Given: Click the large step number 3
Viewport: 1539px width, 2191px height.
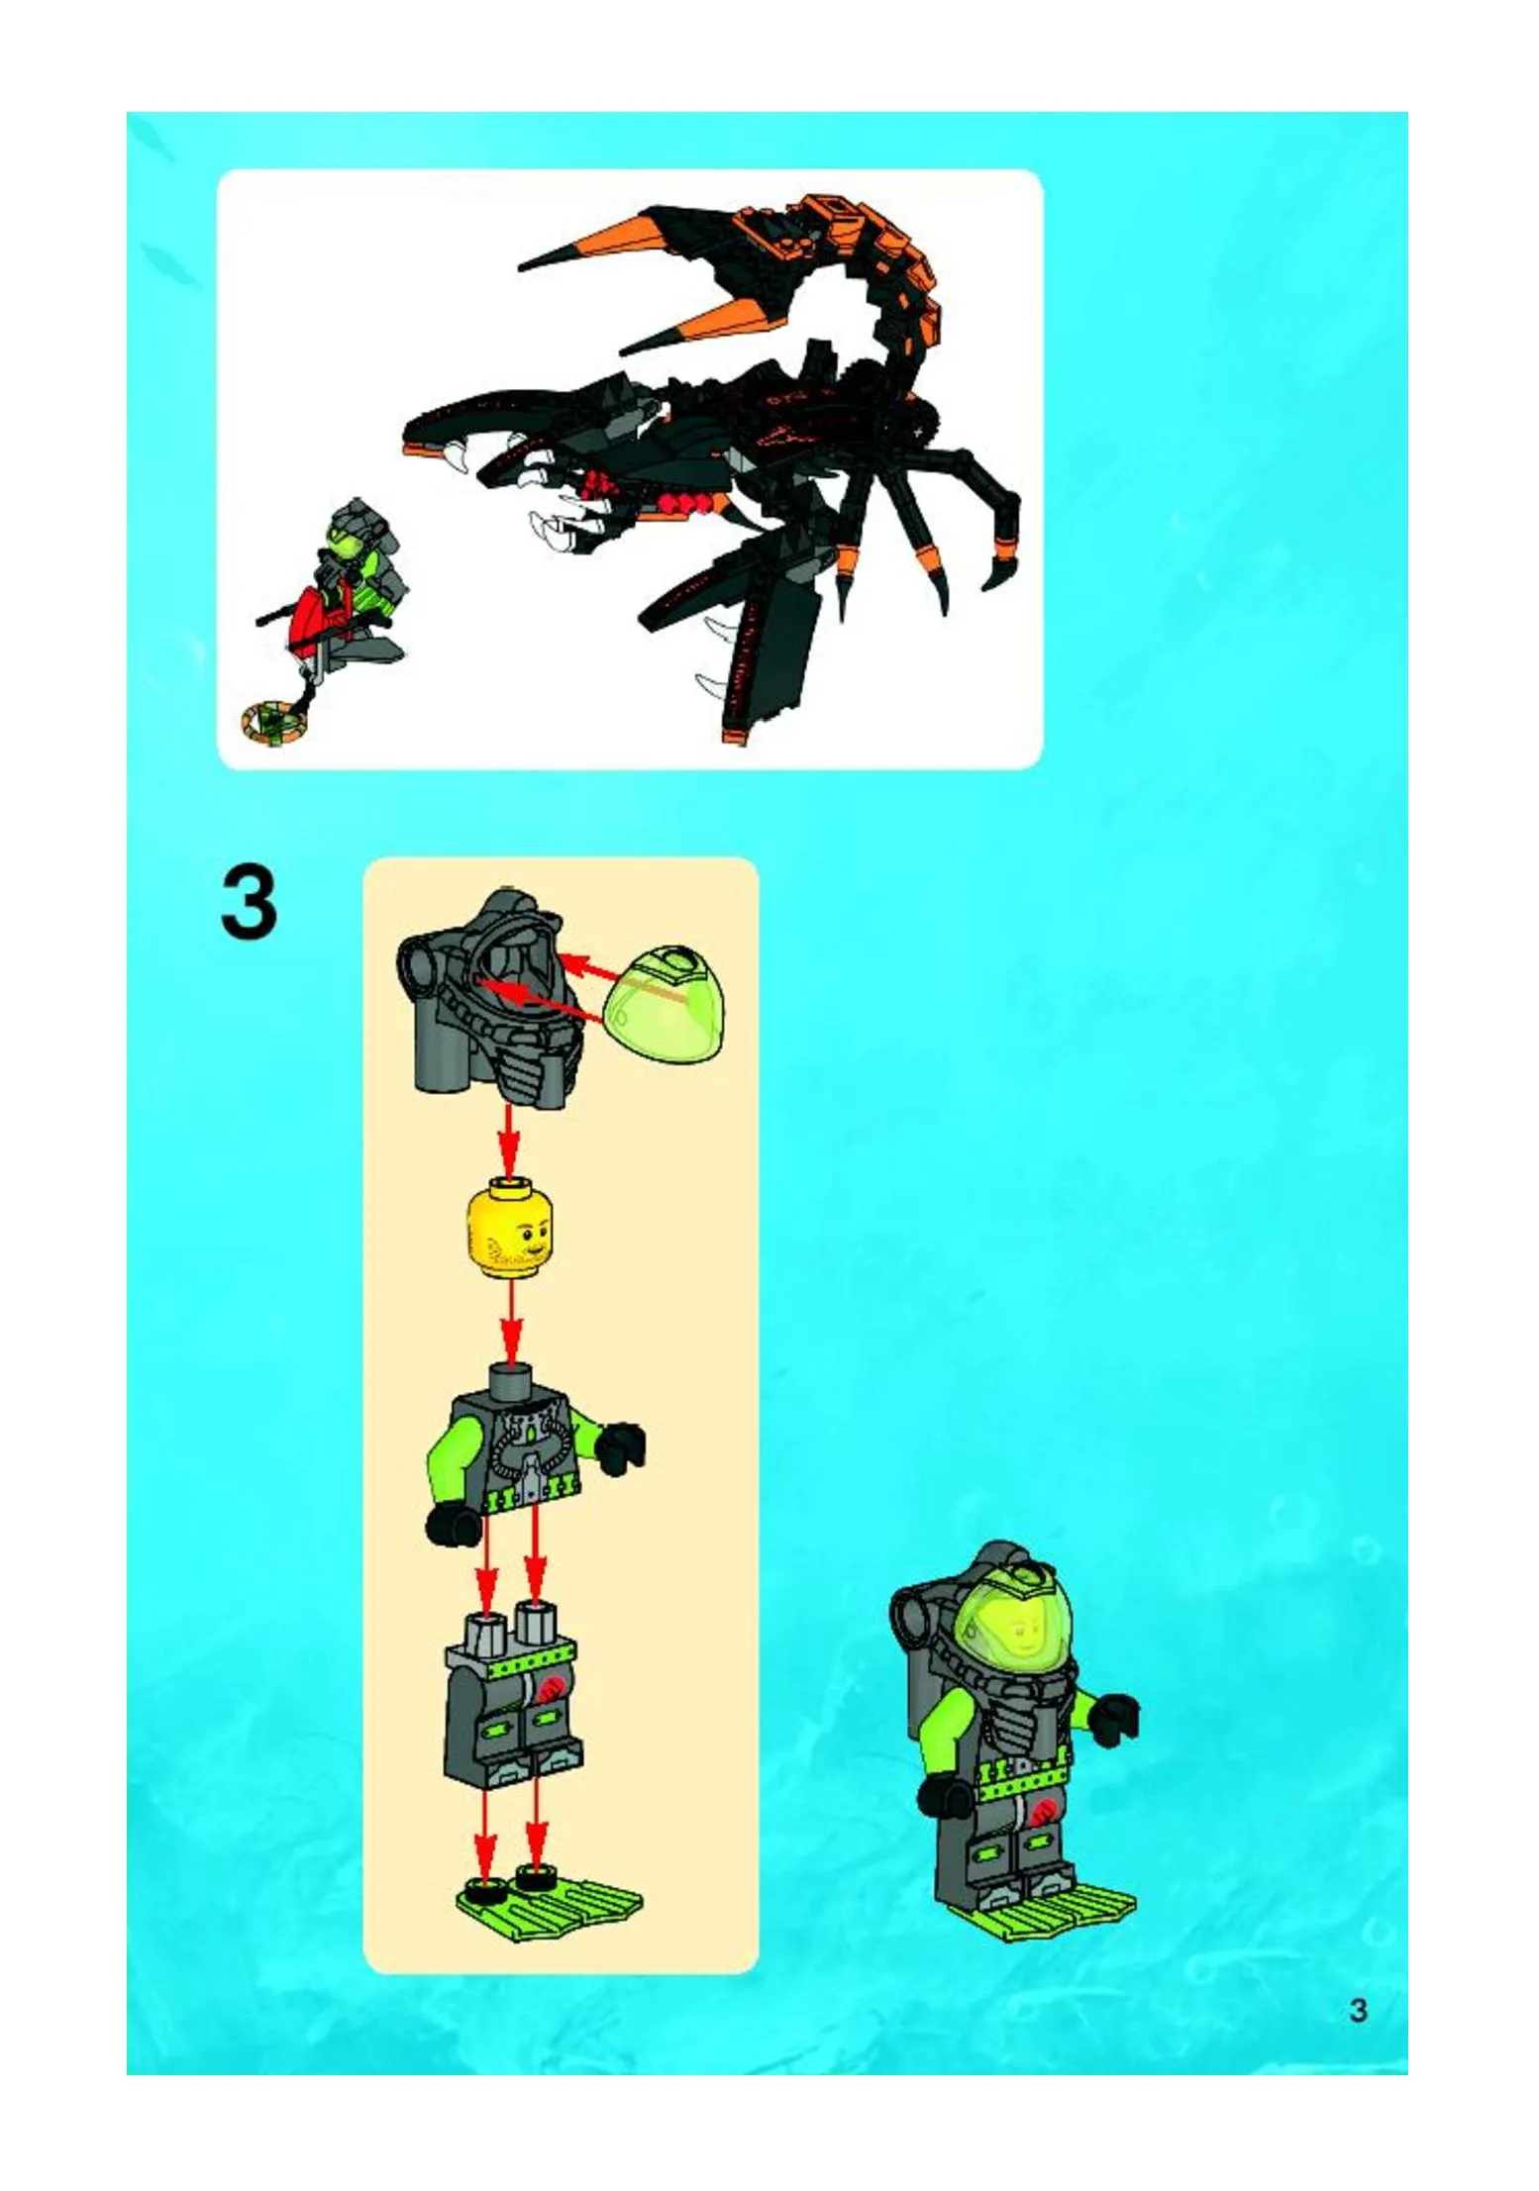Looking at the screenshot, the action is click(249, 902).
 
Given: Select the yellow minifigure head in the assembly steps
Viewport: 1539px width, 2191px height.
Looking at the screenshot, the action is click(510, 1231).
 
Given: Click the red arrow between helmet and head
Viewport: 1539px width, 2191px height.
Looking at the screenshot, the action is click(509, 1139).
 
